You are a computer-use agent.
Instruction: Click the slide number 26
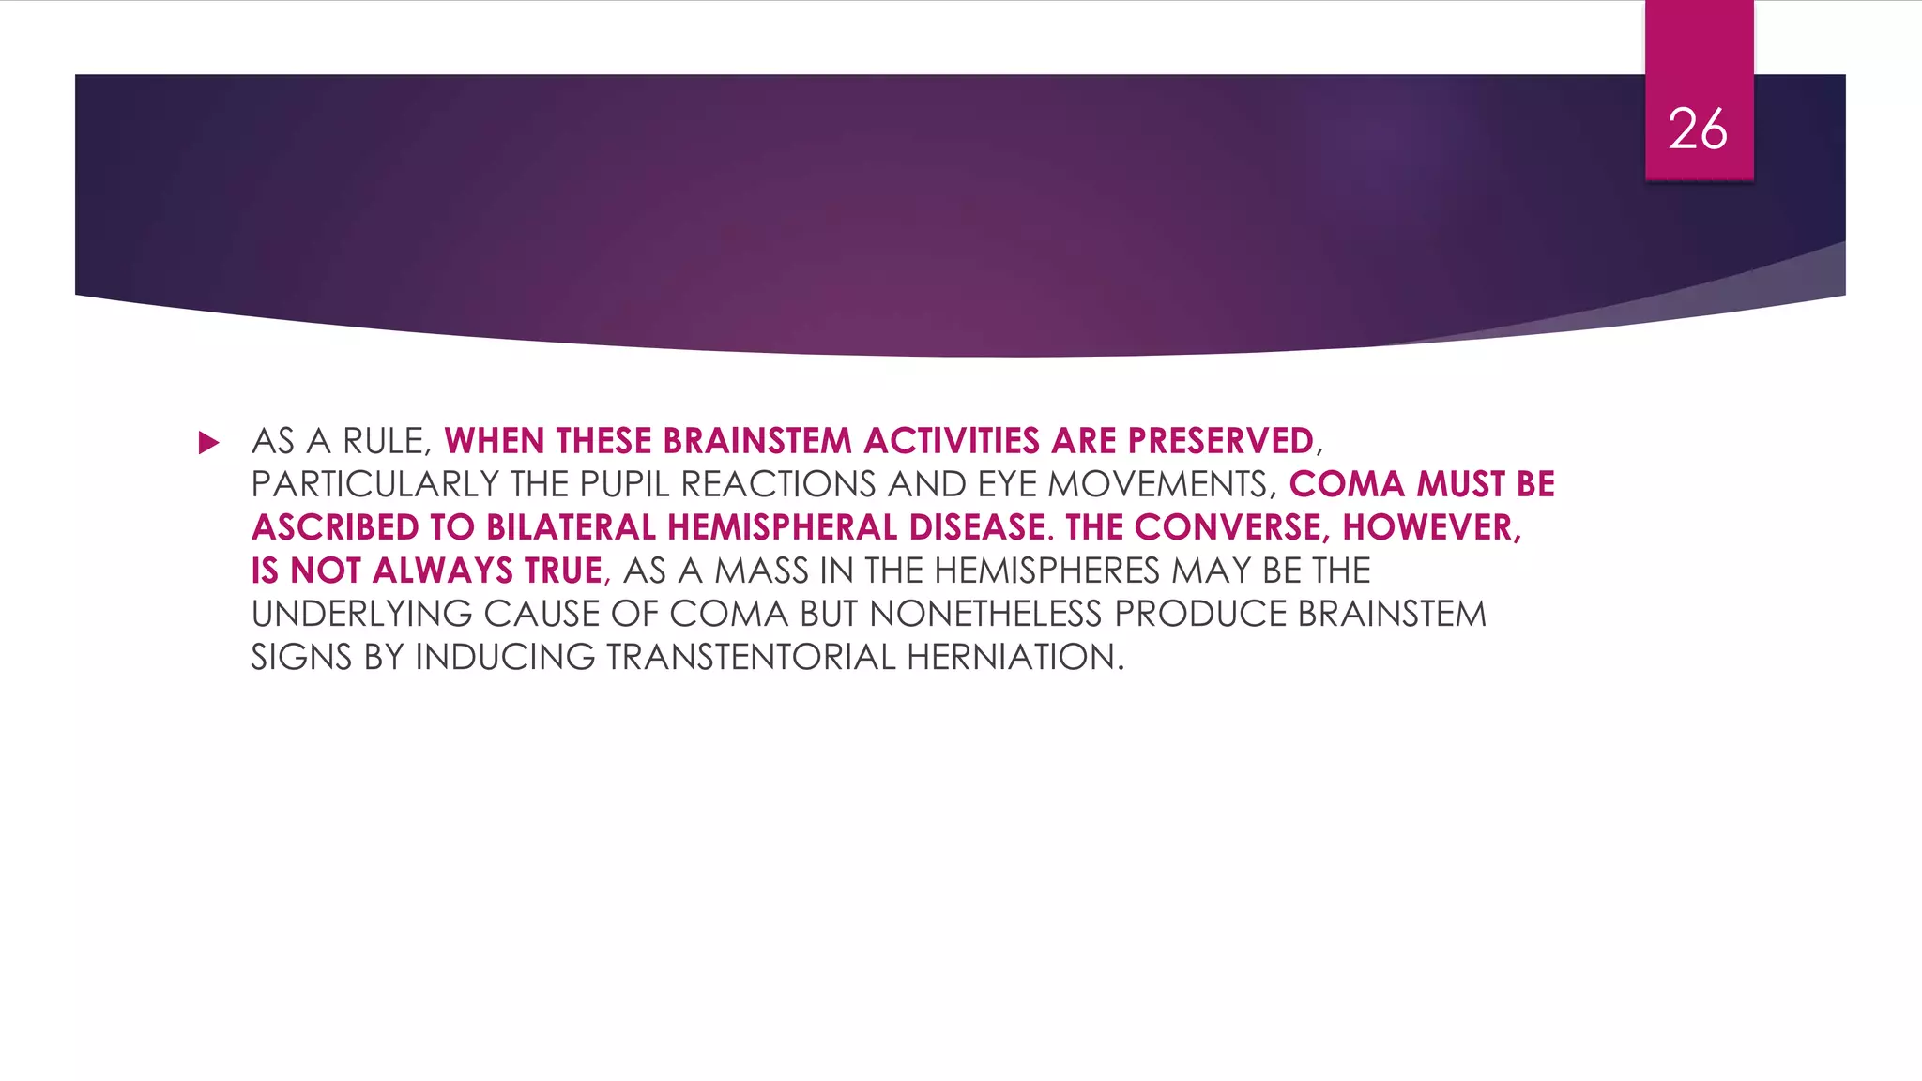pyautogui.click(x=1698, y=129)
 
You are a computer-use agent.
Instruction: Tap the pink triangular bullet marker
pyautogui.click(x=208, y=443)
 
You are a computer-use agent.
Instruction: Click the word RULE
pyautogui.click(x=386, y=441)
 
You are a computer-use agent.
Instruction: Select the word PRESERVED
pyautogui.click(x=1220, y=441)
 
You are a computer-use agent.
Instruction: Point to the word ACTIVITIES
pyautogui.click(x=952, y=441)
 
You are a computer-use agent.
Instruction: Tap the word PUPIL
pyautogui.click(x=625, y=484)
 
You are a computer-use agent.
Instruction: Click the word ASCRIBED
pyautogui.click(x=335, y=527)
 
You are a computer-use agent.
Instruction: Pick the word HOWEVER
pyautogui.click(x=1430, y=527)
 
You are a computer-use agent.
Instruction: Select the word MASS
pyautogui.click(x=761, y=571)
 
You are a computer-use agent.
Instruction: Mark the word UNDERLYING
pyautogui.click(x=361, y=614)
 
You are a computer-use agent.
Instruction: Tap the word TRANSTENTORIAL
pyautogui.click(x=751, y=657)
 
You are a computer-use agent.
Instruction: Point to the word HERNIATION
pyautogui.click(x=1014, y=657)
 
